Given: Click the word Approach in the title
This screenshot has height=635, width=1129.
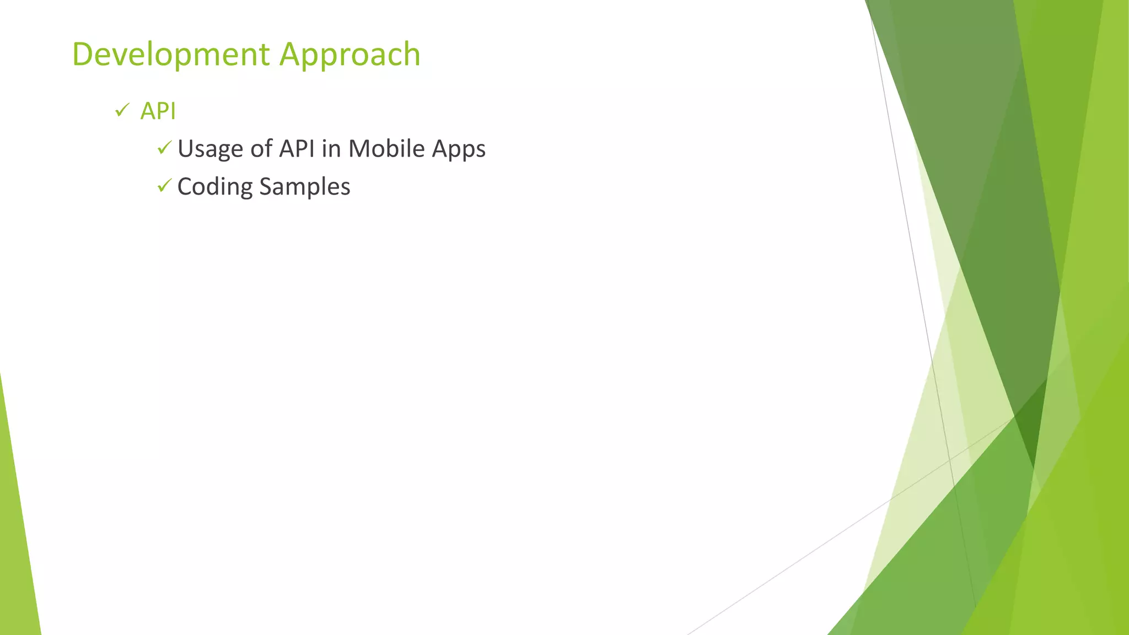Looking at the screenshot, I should pos(350,55).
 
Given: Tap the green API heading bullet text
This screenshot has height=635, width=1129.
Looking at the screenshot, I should pos(158,111).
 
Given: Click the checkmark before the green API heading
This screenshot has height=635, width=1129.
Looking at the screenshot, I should pos(122,110).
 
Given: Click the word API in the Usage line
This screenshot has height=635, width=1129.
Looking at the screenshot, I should pos(297,149).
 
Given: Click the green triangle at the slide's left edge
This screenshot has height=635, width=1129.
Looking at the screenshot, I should pos(17,540).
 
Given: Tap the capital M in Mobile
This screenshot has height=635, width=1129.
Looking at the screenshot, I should pos(359,149).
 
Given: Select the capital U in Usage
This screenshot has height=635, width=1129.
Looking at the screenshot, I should pos(186,149).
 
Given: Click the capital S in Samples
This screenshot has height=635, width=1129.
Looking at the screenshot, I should pos(265,186).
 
